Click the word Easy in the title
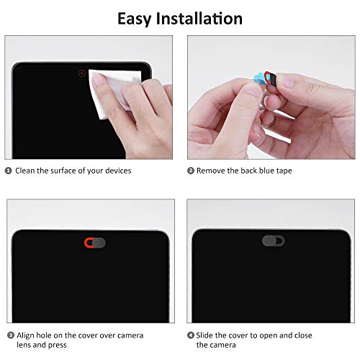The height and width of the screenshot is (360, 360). point(138,18)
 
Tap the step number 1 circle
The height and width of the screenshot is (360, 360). point(9,171)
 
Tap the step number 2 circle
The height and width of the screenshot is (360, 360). point(191,171)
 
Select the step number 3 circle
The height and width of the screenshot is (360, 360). point(9,336)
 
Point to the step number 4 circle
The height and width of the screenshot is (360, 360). point(191,336)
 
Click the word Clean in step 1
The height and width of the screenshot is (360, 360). point(26,171)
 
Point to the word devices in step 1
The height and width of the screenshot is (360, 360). point(117,171)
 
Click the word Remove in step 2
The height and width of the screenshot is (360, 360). point(212,171)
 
